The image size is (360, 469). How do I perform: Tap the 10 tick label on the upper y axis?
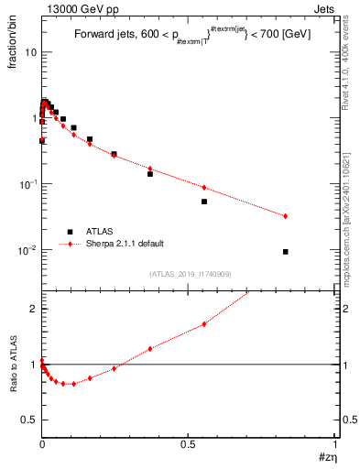[30, 52]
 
